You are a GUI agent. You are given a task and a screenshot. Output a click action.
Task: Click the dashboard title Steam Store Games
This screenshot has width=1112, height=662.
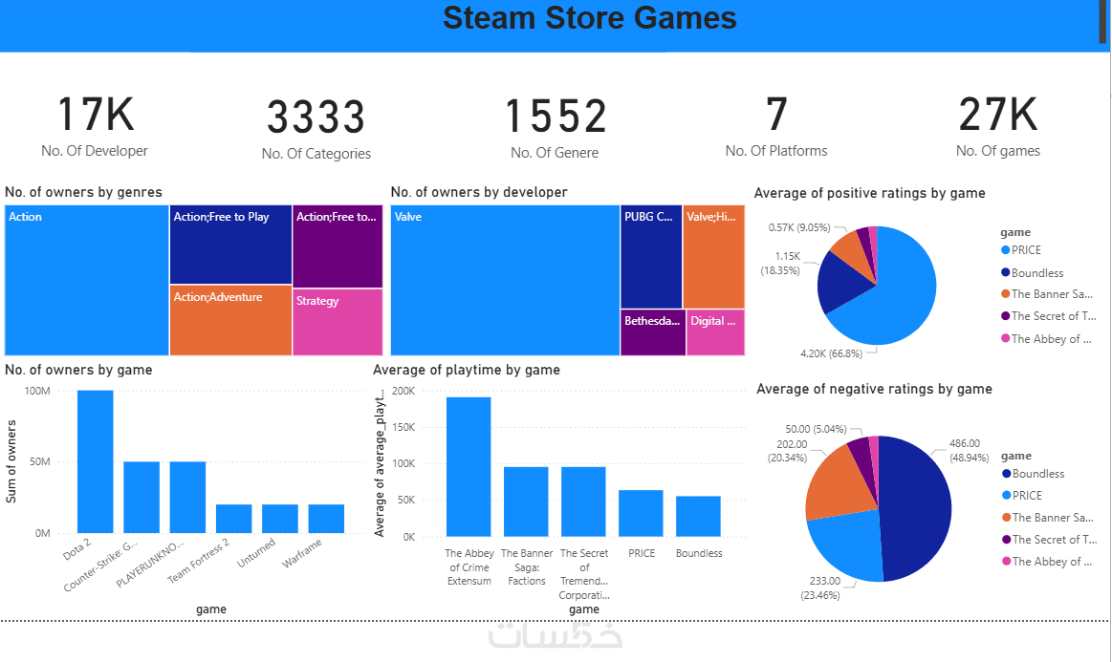pos(589,18)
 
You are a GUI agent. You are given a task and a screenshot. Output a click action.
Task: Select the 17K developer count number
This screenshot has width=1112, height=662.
pos(95,115)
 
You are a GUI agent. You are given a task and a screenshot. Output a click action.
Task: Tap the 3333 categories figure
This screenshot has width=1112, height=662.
pos(316,117)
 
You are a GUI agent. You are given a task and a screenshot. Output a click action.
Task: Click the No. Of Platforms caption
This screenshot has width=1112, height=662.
pos(776,151)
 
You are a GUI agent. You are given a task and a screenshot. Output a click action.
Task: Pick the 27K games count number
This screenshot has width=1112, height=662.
pos(997,115)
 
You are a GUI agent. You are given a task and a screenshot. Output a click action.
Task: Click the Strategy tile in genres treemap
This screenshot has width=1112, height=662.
pos(337,322)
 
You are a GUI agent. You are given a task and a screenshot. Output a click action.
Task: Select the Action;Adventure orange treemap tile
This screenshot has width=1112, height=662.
pos(230,320)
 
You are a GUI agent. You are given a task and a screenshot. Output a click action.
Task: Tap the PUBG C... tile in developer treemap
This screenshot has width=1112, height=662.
pos(651,256)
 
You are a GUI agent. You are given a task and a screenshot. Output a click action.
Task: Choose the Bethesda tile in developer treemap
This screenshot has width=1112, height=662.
pos(653,332)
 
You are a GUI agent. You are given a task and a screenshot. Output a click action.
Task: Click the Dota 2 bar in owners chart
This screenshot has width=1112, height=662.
pos(96,461)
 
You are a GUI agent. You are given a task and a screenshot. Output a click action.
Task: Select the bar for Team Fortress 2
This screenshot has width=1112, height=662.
pos(234,518)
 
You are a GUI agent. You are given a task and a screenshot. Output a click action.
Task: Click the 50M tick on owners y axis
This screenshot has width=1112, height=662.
pos(38,462)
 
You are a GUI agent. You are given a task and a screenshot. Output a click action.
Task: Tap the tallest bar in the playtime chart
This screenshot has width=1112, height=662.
pos(469,466)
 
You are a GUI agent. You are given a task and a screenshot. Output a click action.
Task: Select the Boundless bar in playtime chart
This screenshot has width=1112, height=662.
pos(698,516)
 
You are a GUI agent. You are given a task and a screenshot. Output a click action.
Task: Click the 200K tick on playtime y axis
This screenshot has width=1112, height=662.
pos(403,392)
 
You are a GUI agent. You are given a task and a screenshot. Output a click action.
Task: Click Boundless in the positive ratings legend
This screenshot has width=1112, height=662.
pos(1037,273)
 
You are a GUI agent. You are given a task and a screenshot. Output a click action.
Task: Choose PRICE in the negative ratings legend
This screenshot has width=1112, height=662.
pos(1027,496)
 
